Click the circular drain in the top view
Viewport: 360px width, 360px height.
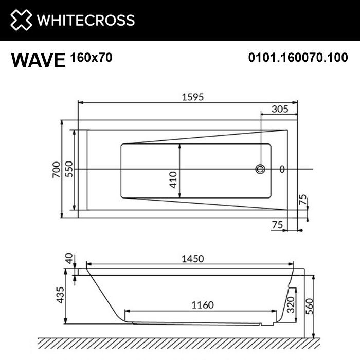click(261, 169)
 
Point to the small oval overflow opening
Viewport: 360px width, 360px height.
click(281, 169)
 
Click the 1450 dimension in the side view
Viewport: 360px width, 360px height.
click(192, 258)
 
